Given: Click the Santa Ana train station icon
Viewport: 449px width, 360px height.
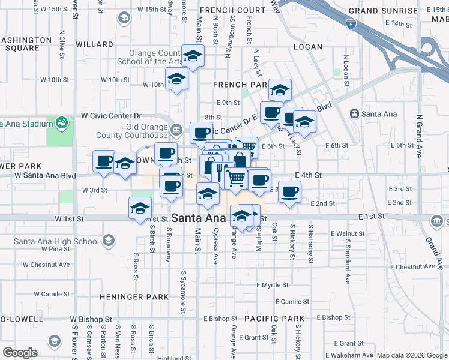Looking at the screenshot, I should click(355, 113).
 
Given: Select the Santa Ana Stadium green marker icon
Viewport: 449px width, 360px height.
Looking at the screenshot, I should click(61, 124).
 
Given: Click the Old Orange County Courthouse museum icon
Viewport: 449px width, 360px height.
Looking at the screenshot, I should click(176, 128).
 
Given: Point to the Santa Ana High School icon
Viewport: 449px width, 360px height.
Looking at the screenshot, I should click(109, 241).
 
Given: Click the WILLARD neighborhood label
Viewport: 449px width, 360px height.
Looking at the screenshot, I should click(94, 44).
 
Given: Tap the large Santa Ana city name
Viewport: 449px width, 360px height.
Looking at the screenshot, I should click(199, 218).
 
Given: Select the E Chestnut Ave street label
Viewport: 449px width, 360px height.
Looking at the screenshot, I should click(412, 266).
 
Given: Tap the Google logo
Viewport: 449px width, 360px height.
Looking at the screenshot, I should click(20, 353).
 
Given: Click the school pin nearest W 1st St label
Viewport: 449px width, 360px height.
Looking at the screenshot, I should click(140, 208).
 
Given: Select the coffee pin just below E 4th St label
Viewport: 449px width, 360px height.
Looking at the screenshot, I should click(289, 191).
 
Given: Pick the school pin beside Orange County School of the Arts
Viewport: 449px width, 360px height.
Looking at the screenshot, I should click(193, 57).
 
